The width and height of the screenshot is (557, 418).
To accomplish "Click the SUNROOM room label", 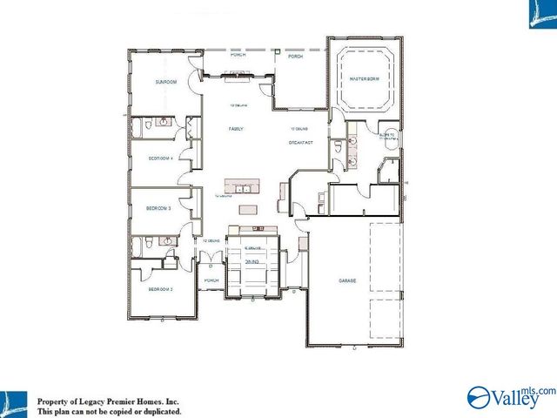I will coord(166,82).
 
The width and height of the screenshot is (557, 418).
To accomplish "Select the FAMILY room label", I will coord(236,129).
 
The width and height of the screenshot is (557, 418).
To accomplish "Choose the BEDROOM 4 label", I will coord(160,158).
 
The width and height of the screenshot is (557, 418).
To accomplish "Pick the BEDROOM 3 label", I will coord(158,209).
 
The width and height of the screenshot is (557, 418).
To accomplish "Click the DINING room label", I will coord(252,261).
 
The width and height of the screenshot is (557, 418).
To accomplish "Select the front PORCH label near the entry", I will coord(211,280).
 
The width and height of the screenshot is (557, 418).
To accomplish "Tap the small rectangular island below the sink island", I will coord(250,209).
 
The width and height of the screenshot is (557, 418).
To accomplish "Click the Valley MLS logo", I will coord(510,396).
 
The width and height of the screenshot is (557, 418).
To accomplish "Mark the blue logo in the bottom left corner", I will coord(15,401).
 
